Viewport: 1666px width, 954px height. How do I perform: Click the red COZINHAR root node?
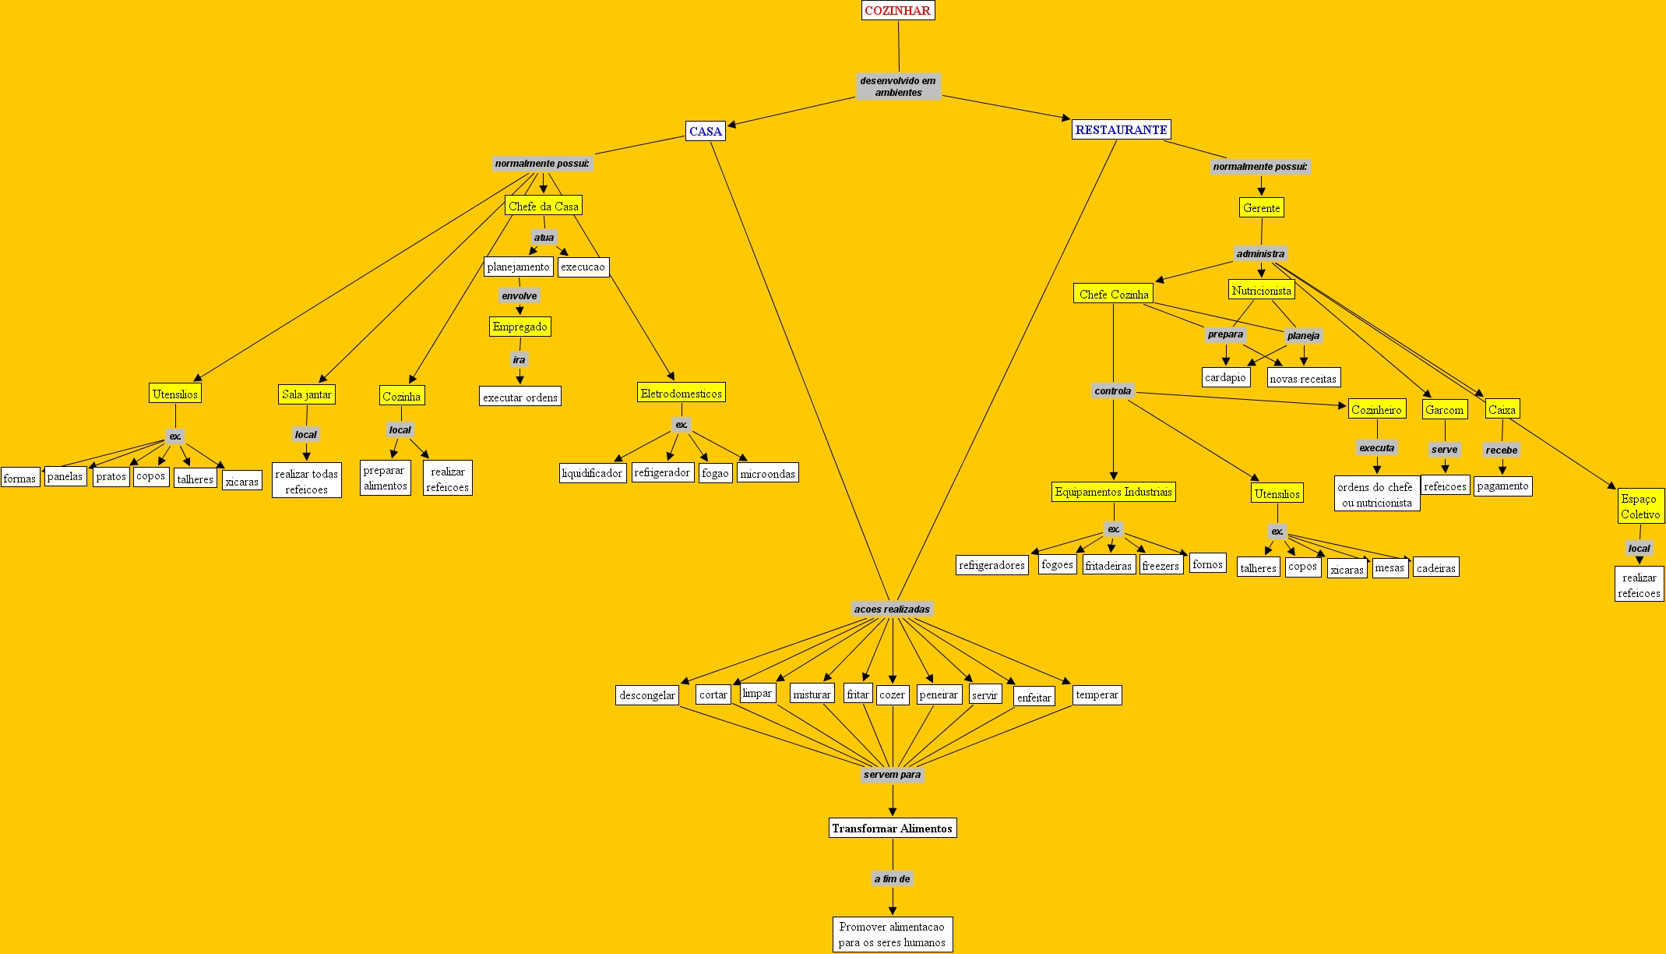898,10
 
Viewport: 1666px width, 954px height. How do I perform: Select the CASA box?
706,131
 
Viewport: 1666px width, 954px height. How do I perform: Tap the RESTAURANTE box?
1121,129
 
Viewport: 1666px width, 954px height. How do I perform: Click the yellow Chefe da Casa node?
543,206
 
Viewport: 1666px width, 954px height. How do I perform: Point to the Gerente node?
1261,207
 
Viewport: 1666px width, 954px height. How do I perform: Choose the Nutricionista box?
1261,290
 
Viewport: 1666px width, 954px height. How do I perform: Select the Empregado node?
520,326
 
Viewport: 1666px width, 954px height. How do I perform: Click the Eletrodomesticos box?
681,393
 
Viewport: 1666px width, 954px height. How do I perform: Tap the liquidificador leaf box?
592,473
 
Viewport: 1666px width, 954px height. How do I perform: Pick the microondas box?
767,473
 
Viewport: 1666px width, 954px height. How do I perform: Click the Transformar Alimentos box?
892,828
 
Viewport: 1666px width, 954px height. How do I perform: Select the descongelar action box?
646,694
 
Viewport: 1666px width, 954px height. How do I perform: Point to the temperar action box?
1097,694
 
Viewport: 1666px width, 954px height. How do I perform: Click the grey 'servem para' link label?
892,775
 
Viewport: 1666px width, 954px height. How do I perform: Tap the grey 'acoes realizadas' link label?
892,609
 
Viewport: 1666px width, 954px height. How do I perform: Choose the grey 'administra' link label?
1260,253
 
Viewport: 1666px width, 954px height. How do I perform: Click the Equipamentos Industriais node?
1113,492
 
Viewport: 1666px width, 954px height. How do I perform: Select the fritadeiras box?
1108,565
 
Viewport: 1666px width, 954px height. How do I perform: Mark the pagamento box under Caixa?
1502,486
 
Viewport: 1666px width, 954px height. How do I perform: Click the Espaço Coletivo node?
1640,506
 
